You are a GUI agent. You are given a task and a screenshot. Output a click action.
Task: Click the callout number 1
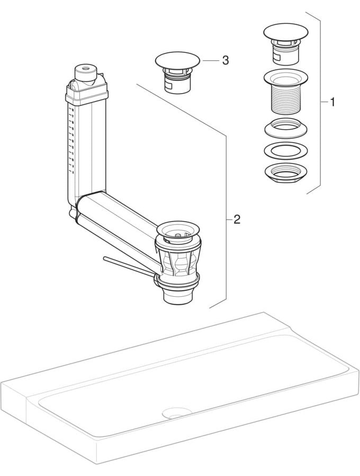[x=332, y=102]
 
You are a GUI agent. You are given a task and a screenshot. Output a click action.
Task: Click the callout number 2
[x=237, y=219]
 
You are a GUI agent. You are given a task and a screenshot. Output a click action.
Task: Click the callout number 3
[x=225, y=60]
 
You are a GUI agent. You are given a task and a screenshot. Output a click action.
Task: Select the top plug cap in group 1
[x=285, y=32]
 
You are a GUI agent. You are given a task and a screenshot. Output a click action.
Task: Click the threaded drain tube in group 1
[x=285, y=91]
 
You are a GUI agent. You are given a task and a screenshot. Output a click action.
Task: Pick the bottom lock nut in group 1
[x=286, y=173]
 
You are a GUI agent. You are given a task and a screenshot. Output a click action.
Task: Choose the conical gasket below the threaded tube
[x=286, y=127]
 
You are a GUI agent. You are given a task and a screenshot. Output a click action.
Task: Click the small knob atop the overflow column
[x=86, y=72]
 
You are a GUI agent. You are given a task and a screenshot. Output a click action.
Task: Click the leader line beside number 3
[x=211, y=60]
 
